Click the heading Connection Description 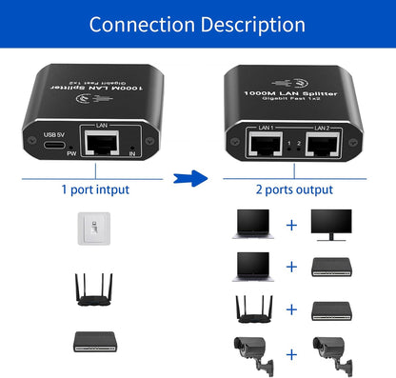(197, 24)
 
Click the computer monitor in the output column (331, 224)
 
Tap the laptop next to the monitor (249, 225)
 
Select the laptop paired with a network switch (249, 266)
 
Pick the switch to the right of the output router (332, 310)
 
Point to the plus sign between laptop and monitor (291, 226)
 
